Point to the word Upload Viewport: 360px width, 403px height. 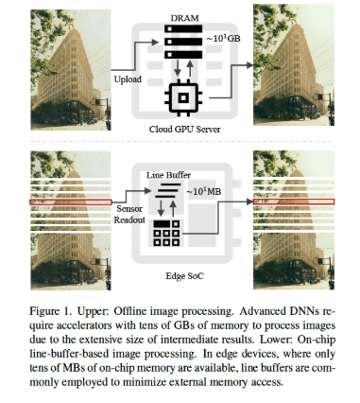click(129, 79)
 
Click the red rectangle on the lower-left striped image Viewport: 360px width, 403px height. click(63, 201)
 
